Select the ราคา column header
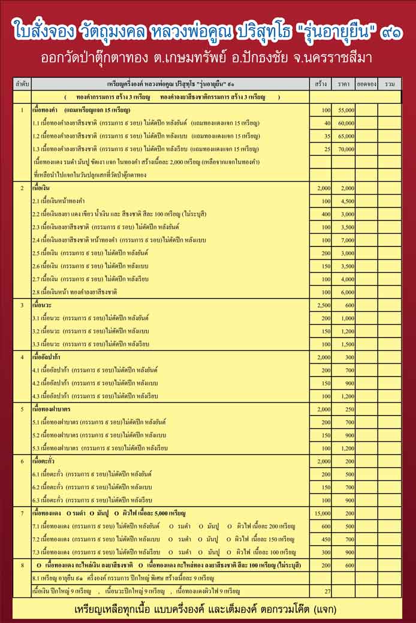coord(343,85)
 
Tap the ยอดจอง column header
coord(365,85)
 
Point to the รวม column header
coord(390,85)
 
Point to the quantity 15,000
coord(322,513)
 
